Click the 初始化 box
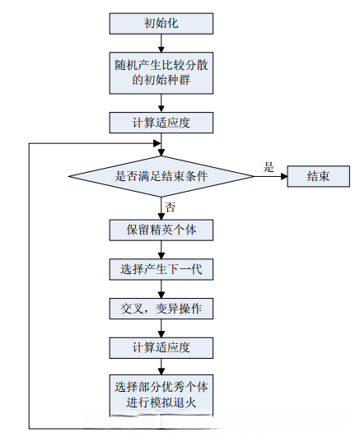161,24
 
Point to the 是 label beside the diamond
268,166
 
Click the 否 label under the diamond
171,206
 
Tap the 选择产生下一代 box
161,269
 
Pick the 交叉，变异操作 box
161,309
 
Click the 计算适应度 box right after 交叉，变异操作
161,347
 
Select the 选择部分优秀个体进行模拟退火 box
161,394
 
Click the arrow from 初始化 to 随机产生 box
161,44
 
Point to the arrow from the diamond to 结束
270,175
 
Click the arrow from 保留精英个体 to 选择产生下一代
161,249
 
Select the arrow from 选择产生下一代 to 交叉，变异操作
161,289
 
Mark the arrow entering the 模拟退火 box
161,367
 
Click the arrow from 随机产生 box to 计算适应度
161,102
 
